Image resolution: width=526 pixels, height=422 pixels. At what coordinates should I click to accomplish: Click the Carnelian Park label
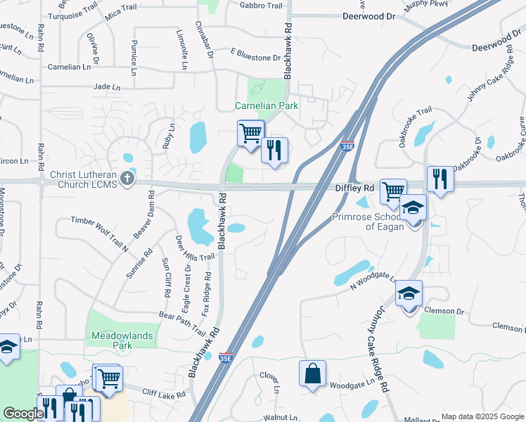(x=267, y=106)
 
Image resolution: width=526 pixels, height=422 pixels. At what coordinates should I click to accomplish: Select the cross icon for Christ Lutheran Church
(x=127, y=177)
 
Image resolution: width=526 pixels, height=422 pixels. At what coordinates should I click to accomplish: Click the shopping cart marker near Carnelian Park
(x=251, y=133)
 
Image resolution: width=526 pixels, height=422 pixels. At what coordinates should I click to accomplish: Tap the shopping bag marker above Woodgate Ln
(x=312, y=373)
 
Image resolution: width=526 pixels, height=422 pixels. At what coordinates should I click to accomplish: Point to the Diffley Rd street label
(x=354, y=188)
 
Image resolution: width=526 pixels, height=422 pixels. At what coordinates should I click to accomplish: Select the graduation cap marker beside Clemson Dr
(x=409, y=293)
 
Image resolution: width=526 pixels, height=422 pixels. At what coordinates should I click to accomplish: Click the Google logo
(x=23, y=414)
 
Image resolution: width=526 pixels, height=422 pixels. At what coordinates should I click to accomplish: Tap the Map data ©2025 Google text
(x=482, y=416)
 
